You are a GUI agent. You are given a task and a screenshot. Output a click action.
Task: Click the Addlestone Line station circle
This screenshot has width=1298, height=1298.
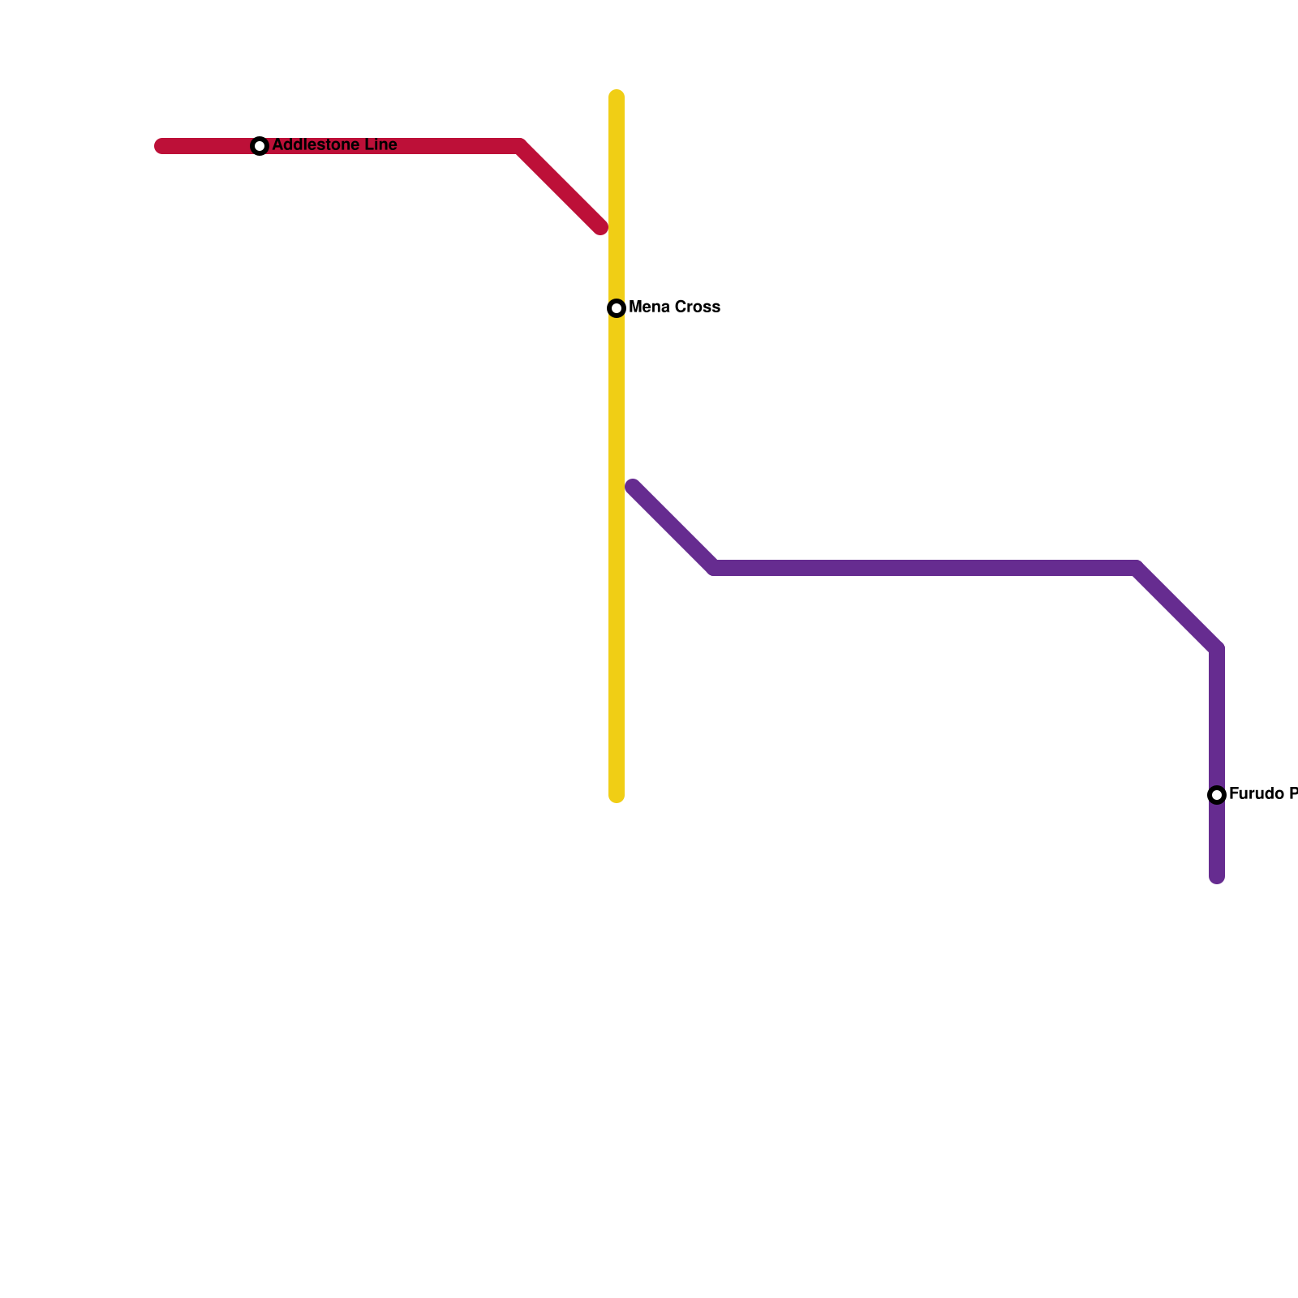260,146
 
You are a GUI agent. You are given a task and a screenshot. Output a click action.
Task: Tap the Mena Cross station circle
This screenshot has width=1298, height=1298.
617,308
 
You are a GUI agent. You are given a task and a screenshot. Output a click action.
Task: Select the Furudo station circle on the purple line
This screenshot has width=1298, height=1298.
1217,795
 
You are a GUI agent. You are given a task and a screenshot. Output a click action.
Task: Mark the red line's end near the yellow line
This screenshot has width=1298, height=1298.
600,227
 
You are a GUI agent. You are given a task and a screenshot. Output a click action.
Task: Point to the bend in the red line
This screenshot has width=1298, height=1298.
519,146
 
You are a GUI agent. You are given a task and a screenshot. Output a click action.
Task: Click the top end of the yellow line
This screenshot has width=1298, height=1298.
617,97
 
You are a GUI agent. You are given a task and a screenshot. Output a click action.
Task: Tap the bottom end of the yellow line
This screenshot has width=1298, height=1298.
617,796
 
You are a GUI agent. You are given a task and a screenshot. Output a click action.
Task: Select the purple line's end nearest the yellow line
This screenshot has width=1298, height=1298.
633,487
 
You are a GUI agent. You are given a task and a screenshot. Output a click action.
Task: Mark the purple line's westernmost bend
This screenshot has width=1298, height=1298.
714,568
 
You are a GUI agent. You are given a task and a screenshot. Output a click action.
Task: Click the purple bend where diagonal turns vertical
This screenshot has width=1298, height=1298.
1217,649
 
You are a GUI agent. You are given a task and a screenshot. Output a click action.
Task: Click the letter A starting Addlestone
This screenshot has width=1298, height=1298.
277,145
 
